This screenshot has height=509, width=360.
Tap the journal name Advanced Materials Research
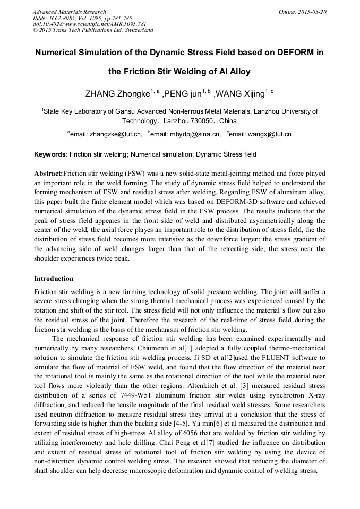[69, 12]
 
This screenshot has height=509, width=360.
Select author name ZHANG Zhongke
[117, 94]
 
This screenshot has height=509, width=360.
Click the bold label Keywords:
[51, 154]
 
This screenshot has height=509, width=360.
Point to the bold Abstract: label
[48, 174]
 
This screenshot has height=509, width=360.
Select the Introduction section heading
[54, 279]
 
